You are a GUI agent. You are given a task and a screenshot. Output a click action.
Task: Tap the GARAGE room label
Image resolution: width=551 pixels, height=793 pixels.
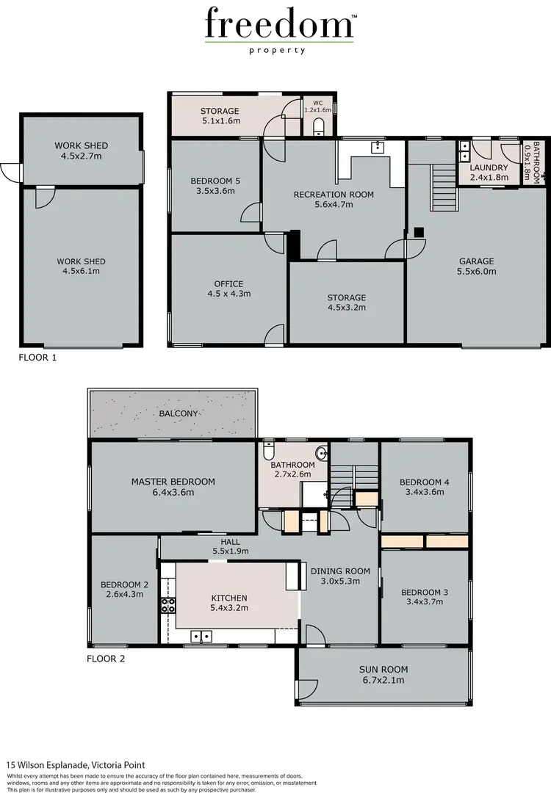coord(477,261)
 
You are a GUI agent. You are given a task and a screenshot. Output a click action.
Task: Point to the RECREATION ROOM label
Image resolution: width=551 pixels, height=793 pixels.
coord(334,195)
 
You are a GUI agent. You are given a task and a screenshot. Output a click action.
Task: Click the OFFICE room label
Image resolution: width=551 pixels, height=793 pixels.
coord(228,284)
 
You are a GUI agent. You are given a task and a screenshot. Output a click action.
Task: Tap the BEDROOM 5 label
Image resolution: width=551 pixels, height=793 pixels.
coord(212,181)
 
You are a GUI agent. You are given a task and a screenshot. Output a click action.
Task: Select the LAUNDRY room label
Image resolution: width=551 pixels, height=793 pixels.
coord(489,167)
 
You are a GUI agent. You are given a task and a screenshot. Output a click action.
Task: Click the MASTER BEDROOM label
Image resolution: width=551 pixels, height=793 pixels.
coord(173,482)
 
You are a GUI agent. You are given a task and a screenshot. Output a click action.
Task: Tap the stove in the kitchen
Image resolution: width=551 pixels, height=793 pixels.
coord(168,605)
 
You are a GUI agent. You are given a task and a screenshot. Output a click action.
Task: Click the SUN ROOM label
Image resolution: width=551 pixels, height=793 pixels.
coord(383,669)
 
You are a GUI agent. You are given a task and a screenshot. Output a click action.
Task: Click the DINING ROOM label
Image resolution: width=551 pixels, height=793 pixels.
coord(339,571)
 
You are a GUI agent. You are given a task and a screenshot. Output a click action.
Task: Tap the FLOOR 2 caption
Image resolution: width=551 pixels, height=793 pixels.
coord(106,659)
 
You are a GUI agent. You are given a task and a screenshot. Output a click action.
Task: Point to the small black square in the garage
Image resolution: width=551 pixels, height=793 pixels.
coord(418,232)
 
